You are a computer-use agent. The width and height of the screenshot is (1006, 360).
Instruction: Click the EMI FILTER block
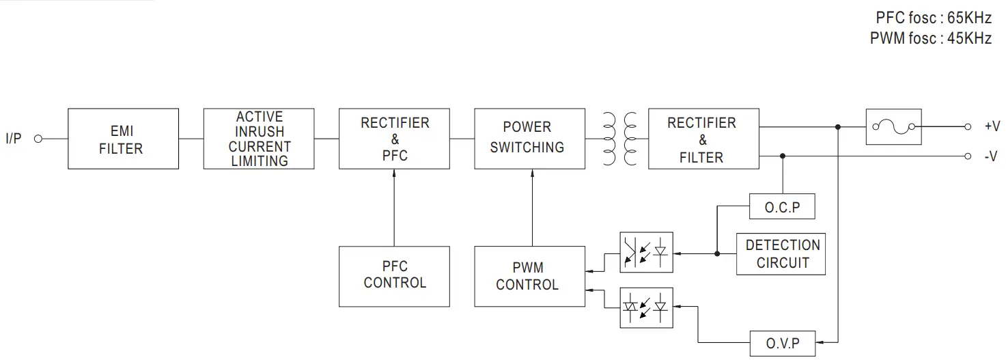click(123, 139)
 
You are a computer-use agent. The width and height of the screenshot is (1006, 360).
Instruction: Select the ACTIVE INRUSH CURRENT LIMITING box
click(258, 139)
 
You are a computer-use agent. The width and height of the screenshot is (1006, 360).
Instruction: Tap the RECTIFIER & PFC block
click(394, 139)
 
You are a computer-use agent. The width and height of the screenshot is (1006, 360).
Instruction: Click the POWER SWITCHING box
click(529, 139)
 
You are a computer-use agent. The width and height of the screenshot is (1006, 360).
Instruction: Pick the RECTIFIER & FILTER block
click(703, 139)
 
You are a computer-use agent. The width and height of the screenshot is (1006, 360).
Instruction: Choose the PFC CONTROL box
click(394, 276)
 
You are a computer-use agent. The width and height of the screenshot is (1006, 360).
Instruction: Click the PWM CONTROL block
click(529, 276)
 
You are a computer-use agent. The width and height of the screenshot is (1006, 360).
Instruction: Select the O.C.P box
click(782, 207)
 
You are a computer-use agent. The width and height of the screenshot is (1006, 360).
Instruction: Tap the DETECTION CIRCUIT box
click(782, 253)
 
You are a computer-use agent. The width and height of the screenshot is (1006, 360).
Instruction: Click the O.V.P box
click(782, 342)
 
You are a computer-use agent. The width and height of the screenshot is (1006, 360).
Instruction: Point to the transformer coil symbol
click(620, 139)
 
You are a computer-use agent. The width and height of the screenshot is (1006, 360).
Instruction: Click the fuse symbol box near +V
click(893, 126)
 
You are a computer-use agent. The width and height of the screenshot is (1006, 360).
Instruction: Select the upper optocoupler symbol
click(645, 253)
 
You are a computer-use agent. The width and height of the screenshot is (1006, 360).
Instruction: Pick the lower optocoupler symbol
click(645, 307)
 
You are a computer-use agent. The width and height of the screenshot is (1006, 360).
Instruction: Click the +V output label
click(992, 126)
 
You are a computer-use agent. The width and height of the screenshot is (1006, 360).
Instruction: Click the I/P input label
click(14, 139)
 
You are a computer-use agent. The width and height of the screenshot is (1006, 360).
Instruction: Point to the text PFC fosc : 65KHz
click(933, 18)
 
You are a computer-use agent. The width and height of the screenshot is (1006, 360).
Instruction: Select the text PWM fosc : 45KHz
click(930, 38)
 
